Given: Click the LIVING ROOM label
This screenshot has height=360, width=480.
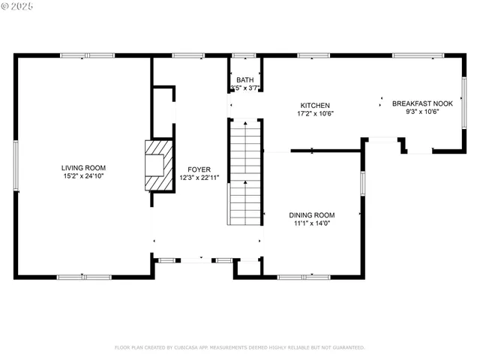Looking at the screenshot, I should [x=83, y=168].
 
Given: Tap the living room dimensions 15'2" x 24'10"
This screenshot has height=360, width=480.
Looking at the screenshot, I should [x=83, y=176].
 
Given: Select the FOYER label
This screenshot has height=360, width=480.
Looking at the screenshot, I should [x=199, y=169].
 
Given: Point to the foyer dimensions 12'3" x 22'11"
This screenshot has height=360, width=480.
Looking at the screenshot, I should [x=199, y=178].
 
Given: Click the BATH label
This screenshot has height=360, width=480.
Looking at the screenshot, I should [x=245, y=80].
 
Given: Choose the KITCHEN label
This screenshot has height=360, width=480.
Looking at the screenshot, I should [x=315, y=106].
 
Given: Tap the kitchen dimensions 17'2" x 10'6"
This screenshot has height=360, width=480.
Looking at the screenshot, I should [x=315, y=114].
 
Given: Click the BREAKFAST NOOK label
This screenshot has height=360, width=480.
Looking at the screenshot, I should [x=422, y=103].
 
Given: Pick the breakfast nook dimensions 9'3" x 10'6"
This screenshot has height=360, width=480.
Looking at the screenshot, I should [x=422, y=112].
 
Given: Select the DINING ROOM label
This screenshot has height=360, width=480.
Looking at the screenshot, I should [x=312, y=214].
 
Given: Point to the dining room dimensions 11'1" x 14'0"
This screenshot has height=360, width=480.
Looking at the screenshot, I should [x=312, y=223].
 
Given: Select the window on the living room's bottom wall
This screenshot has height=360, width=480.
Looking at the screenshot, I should [x=84, y=277].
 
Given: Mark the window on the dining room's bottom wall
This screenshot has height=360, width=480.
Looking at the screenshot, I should [x=304, y=277].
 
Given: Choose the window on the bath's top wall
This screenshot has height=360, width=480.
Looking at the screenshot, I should [x=244, y=55].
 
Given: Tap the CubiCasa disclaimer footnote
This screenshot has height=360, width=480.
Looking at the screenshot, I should [x=239, y=347].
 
